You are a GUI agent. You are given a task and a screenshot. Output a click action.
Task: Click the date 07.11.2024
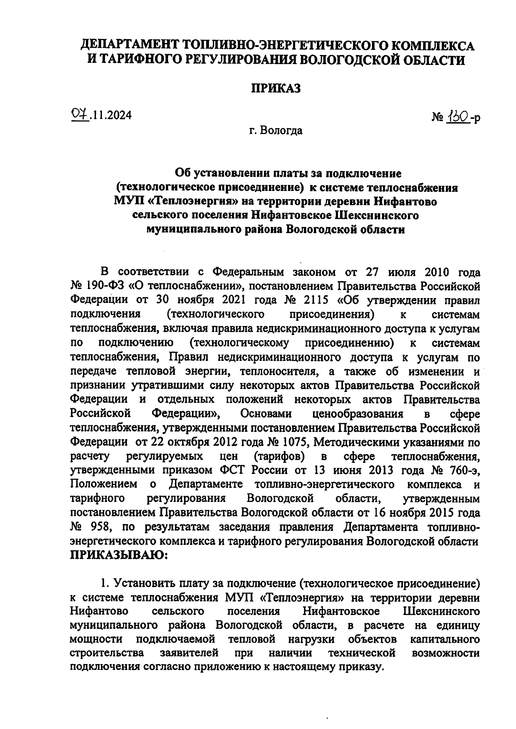pos(101,115)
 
